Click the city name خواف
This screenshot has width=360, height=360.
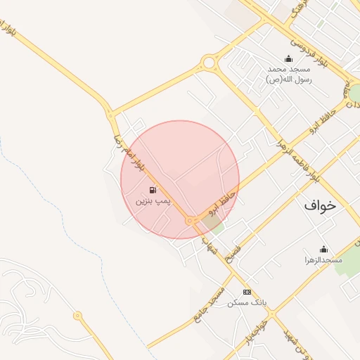pyautogui.click(x=321, y=205)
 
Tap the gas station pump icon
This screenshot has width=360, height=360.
pyautogui.click(x=153, y=190)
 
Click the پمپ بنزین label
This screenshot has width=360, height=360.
pyautogui.click(x=153, y=201)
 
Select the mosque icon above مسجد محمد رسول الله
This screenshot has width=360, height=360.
pyautogui.click(x=288, y=58)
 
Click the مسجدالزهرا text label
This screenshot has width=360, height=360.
pyautogui.click(x=323, y=260)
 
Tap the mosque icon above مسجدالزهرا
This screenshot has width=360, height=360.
pyautogui.click(x=323, y=249)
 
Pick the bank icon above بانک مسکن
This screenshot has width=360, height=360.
pyautogui.click(x=247, y=291)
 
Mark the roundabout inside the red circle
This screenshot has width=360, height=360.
pyautogui.click(x=189, y=221)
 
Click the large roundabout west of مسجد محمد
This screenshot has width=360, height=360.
pyautogui.click(x=208, y=63)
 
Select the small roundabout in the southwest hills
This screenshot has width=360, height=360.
pyautogui.click(x=77, y=316)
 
